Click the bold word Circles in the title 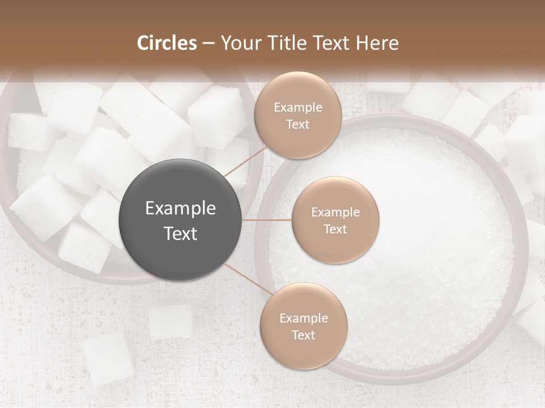166,43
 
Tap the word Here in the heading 377,43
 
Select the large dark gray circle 181,220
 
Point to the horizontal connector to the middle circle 267,220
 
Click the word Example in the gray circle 181,208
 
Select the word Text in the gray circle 181,233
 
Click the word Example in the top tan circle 297,107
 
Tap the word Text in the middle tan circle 335,229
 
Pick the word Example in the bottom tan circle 303,318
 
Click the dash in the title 208,43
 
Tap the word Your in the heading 238,43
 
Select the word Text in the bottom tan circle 303,335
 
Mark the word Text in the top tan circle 297,124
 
